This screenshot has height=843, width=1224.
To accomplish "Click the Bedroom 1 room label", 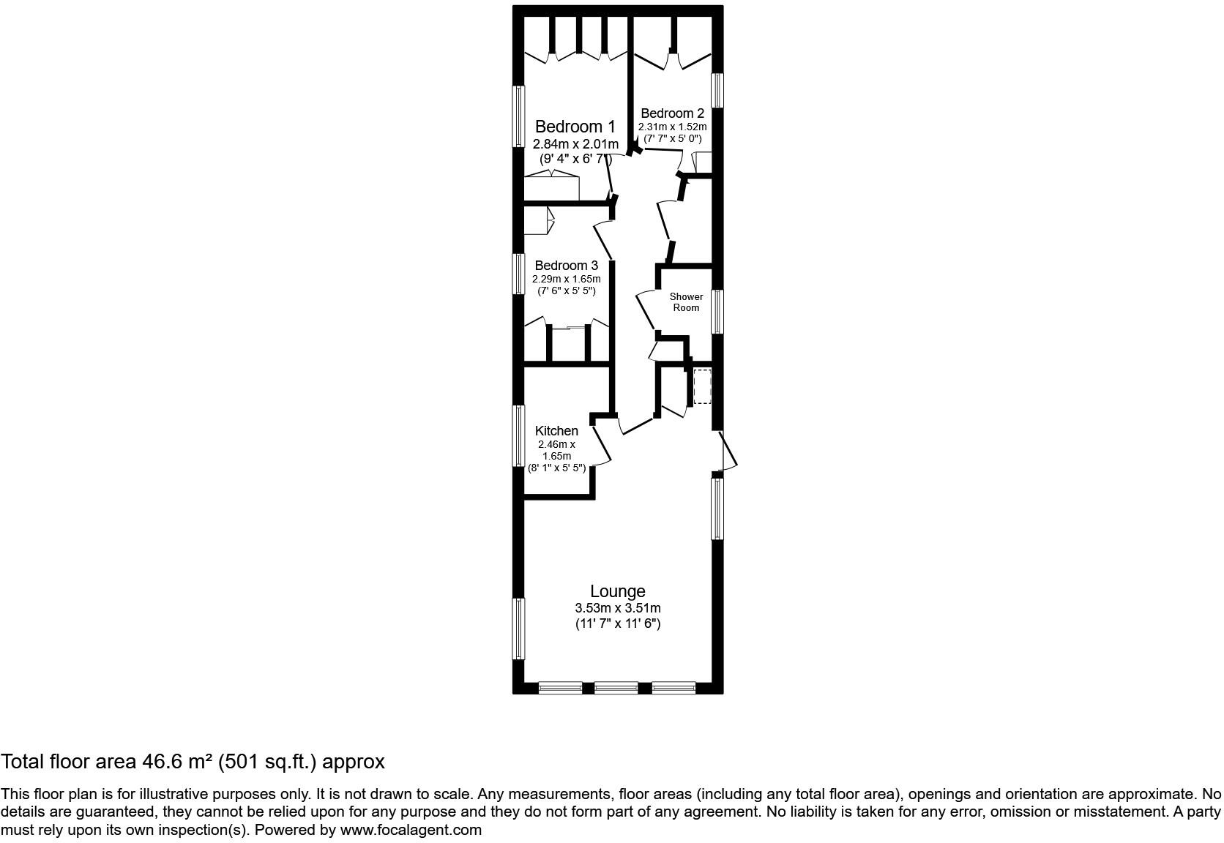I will coord(575,127).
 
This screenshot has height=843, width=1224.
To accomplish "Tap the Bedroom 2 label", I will coord(672,113).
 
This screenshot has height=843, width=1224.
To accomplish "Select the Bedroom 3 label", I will coord(566,266).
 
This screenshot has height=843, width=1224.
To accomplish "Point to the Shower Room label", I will coord(686,302).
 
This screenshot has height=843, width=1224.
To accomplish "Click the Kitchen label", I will coord(556,431).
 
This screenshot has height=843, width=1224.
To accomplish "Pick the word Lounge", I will coord(618,591).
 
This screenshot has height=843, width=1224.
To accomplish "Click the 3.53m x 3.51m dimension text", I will coord(618,608).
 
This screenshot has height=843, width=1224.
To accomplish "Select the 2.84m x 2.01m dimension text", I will coord(575,144).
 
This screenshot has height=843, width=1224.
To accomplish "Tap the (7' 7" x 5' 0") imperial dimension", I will coord(672,138).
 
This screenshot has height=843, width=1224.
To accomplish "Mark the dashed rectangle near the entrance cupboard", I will coord(701,387).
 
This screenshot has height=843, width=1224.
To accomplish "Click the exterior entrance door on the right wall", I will coord(728,451).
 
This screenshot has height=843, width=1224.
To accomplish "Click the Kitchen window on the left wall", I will coord(518,435).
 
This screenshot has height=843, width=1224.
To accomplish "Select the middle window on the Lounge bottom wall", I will coord(616,688).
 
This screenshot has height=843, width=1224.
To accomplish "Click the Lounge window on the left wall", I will coord(518,629).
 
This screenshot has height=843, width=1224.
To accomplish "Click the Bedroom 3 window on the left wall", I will coord(518,274).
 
